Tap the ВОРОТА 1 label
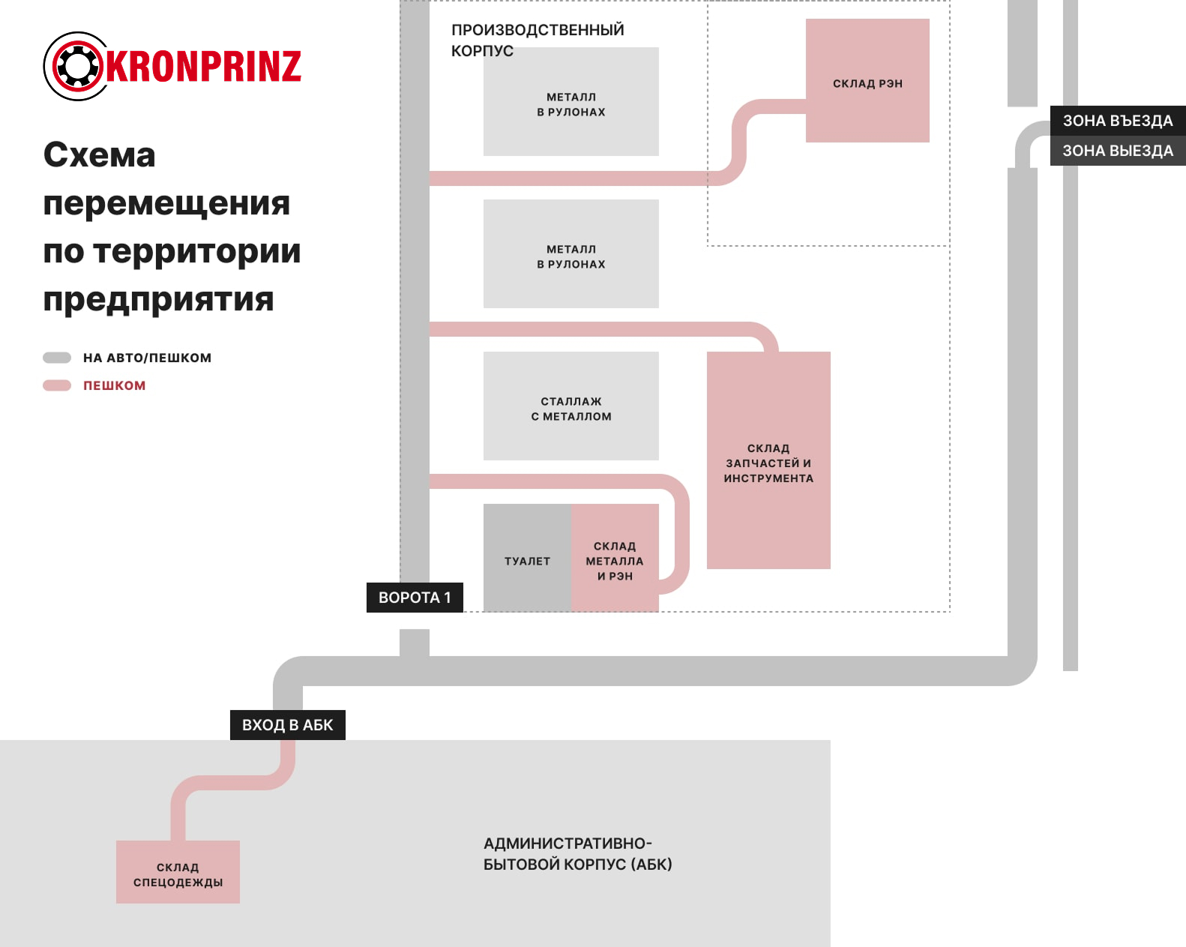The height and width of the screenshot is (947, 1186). click(415, 598)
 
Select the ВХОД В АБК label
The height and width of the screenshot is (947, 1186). click(287, 725)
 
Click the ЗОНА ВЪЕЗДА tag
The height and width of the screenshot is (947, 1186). click(1117, 121)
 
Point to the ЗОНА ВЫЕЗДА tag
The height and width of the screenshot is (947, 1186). click(1117, 151)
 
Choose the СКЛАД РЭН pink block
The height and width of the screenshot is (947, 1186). click(867, 81)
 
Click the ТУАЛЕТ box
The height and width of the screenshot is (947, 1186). click(527, 557)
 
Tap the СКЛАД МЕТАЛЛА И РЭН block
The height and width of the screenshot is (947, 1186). click(615, 557)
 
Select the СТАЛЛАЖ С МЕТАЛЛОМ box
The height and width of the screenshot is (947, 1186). click(571, 406)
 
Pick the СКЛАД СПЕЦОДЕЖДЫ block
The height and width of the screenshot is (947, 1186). click(178, 872)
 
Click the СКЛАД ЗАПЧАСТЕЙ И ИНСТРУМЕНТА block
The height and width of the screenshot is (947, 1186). click(768, 460)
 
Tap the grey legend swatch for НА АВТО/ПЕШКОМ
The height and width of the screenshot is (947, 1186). click(57, 358)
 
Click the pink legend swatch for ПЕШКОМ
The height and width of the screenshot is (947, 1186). click(57, 385)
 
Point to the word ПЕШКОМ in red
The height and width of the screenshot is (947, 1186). click(114, 385)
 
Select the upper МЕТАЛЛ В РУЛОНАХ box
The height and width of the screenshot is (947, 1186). click(571, 102)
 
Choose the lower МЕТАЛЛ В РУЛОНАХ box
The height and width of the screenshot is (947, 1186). click(571, 254)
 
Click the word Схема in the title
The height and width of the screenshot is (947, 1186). click(99, 155)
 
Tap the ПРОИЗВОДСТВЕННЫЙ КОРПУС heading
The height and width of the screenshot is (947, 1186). click(537, 40)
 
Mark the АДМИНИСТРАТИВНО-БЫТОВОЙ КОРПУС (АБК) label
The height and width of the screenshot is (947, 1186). click(577, 854)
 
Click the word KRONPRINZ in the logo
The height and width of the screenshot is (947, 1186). click(203, 66)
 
